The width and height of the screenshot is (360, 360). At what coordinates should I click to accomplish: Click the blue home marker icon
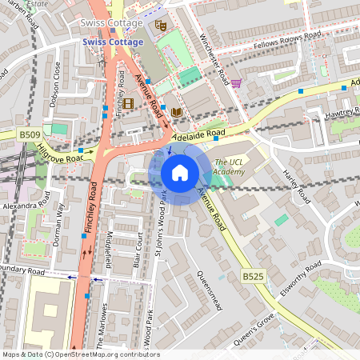[180, 173]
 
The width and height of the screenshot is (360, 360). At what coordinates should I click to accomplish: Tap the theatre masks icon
[160, 26]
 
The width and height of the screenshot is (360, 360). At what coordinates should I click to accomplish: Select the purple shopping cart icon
[236, 82]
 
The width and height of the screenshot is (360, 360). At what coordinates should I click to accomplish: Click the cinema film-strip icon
[129, 103]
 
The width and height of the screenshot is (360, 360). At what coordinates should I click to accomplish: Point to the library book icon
[176, 112]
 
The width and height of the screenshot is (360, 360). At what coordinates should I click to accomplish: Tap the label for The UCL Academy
[230, 166]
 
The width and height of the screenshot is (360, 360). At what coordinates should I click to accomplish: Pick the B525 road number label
[253, 276]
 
